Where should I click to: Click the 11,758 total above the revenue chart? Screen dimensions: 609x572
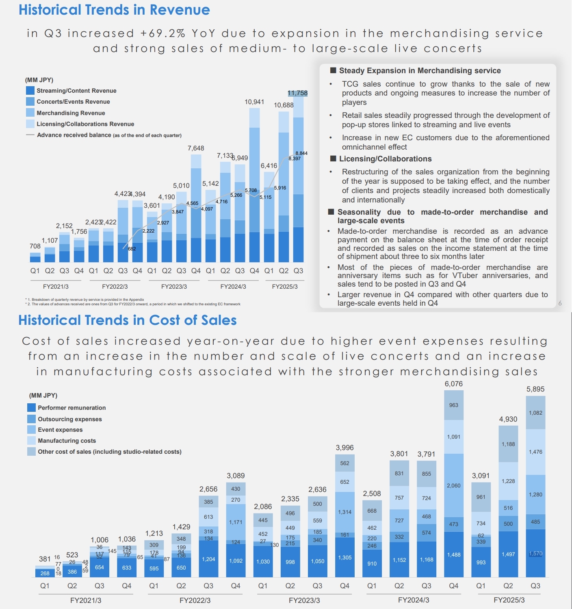click(297, 93)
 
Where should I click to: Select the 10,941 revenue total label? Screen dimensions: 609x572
click(254, 102)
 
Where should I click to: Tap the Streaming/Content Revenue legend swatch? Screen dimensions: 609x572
click(30, 91)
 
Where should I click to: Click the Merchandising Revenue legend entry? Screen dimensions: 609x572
click(71, 113)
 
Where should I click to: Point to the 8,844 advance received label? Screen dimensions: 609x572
click(301, 153)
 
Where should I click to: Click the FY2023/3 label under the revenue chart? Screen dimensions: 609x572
click(174, 287)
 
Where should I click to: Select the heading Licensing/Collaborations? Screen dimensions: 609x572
click(385, 159)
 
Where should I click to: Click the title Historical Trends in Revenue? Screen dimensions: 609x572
click(114, 10)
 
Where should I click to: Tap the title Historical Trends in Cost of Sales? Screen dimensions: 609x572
click(128, 320)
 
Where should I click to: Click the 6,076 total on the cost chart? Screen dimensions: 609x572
click(453, 384)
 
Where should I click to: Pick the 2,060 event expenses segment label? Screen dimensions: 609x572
click(453, 485)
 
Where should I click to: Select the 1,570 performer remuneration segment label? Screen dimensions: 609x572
click(535, 554)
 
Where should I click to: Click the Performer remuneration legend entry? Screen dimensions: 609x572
click(71, 408)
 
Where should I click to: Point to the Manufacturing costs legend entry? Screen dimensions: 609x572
click(67, 441)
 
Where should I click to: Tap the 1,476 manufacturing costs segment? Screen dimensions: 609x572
click(535, 452)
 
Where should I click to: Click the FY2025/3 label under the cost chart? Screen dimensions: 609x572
click(509, 600)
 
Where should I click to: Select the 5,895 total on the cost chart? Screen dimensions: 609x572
click(535, 389)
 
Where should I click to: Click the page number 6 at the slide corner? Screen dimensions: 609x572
click(560, 303)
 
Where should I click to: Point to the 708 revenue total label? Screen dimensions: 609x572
click(35, 246)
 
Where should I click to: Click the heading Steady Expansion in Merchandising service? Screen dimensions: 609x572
click(420, 71)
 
